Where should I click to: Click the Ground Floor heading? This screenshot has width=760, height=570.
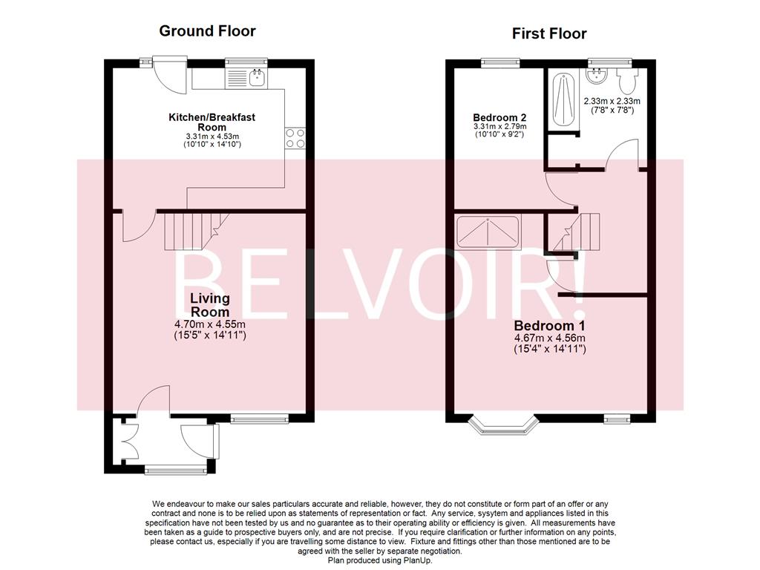coord(207,31)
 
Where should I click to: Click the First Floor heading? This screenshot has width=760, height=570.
coord(549,33)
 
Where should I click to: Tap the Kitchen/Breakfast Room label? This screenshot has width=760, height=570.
coord(212,122)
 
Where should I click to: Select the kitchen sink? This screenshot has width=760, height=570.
coord(257,77)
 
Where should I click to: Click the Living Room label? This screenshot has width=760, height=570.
coord(210,305)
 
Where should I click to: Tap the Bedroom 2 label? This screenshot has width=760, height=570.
coord(499,117)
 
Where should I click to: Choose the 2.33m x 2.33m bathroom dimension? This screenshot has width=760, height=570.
coord(612,102)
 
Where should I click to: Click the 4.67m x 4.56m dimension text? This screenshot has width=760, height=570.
coord(550,339)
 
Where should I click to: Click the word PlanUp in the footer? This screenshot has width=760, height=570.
coord(416,560)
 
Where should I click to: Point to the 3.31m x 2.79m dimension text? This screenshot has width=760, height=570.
coord(499,127)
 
